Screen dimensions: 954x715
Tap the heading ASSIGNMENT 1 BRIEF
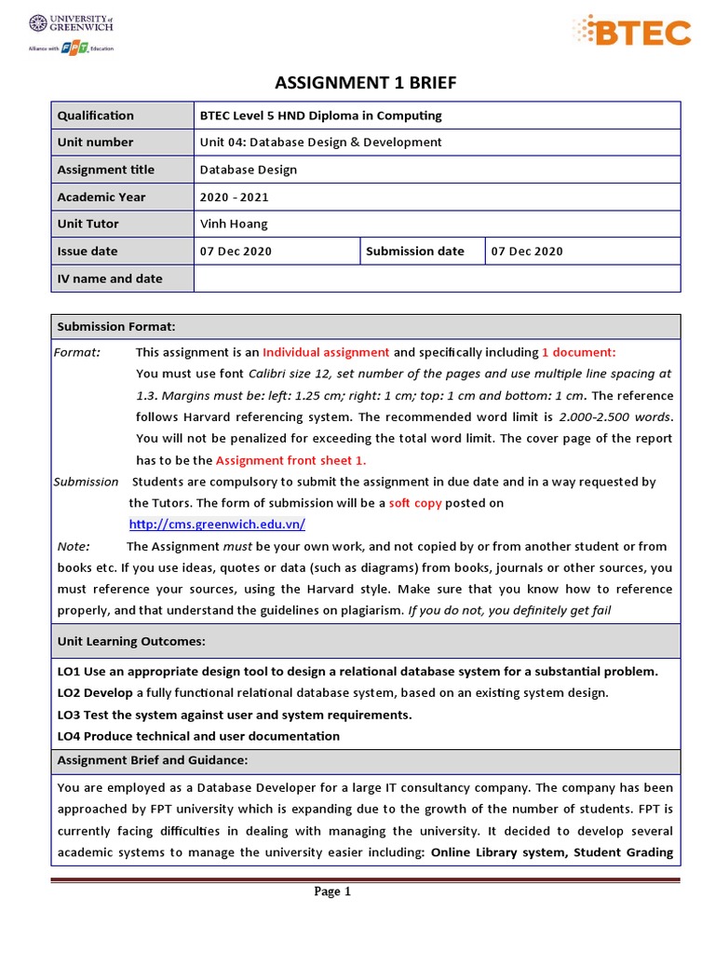coord(366,84)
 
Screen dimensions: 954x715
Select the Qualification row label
coord(96,116)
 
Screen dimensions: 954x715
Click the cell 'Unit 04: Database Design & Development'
coord(320,143)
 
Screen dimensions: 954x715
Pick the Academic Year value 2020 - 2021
coord(234,197)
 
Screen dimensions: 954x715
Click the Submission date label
coord(415,251)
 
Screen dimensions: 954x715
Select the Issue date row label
coord(88,251)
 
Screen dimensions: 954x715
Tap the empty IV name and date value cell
coord(437,279)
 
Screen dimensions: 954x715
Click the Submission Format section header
coord(116,326)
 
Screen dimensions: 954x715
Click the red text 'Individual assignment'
coord(326,352)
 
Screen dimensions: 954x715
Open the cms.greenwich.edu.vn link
coord(217,525)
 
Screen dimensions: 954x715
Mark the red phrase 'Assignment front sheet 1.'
coord(291,460)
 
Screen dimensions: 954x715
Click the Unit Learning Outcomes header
coord(131,642)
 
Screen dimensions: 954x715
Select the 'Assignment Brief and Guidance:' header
coord(153,759)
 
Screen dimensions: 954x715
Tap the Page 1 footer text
coord(332,892)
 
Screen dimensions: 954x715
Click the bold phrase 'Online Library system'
coord(498,852)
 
